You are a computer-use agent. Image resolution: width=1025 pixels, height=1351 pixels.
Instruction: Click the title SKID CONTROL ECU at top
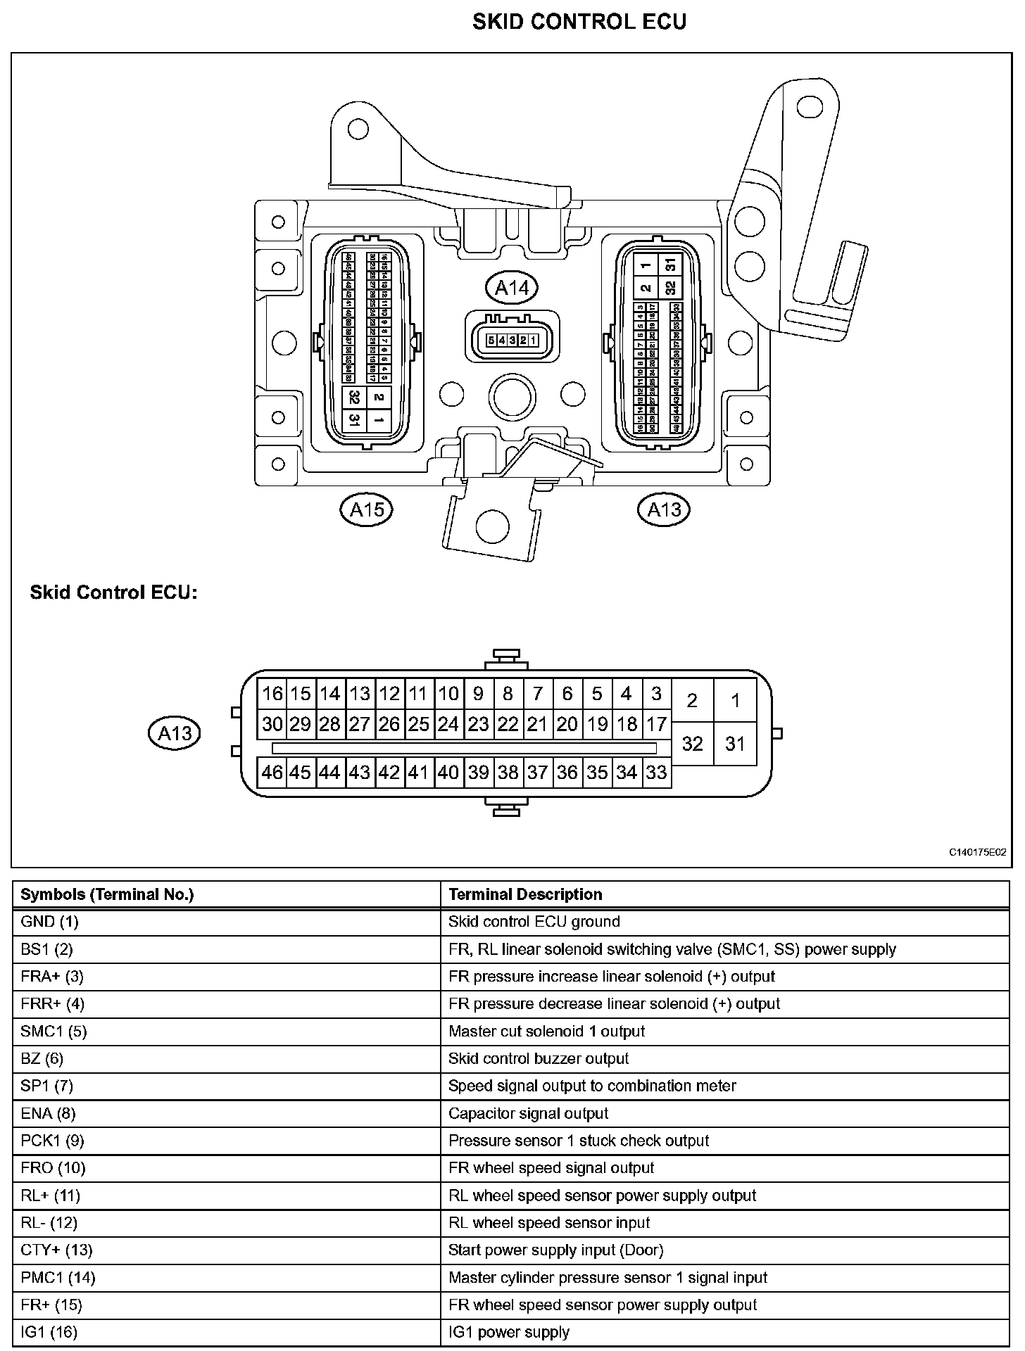point(579,22)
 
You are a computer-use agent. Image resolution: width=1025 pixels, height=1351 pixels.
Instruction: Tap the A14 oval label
point(512,287)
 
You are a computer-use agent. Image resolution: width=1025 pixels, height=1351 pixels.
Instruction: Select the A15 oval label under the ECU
point(366,509)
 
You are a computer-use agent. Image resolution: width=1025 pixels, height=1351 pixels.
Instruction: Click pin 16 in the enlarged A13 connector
point(272,694)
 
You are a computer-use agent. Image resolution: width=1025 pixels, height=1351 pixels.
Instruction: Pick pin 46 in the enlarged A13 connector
point(272,773)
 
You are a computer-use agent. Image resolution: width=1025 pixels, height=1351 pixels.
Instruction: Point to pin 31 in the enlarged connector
point(735,744)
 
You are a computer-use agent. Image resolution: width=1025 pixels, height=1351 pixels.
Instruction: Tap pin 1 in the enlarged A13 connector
point(735,701)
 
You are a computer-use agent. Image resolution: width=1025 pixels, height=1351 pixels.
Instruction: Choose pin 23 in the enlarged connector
point(478,724)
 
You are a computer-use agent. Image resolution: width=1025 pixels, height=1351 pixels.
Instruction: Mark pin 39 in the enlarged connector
point(478,773)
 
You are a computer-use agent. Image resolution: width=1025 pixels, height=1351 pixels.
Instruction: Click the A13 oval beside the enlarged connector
point(175,734)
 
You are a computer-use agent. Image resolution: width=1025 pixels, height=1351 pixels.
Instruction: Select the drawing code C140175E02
point(977,852)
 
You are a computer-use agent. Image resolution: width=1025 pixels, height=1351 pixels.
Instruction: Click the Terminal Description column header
point(525,894)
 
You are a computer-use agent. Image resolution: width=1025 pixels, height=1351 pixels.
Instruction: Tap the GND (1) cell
point(49,922)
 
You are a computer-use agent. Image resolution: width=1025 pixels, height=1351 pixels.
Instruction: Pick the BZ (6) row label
point(42,1058)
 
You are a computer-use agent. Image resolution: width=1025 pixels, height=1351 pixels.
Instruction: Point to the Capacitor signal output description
point(528,1113)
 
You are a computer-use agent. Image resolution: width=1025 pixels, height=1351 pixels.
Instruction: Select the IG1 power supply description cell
point(508,1332)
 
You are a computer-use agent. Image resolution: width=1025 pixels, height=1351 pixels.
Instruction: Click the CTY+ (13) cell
point(56,1250)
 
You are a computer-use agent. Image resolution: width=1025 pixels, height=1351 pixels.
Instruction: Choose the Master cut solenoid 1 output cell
point(546,1031)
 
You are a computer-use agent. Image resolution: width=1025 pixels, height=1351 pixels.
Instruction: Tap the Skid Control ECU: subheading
point(113,592)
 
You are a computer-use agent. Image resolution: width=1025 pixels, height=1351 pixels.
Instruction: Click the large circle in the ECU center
point(512,398)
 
